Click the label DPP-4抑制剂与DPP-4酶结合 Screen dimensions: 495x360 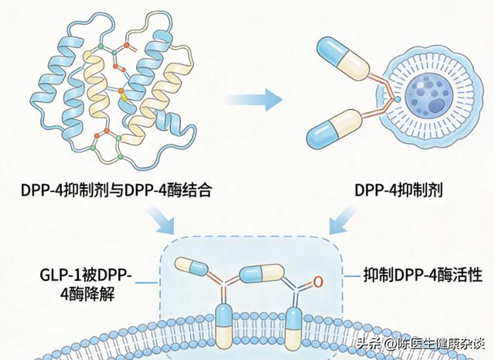[116, 190]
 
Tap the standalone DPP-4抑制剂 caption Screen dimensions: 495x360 [399, 190]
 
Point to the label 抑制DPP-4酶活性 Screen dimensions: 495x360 [423, 275]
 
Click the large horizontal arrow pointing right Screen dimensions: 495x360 [254, 100]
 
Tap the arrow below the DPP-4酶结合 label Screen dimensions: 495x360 [162, 220]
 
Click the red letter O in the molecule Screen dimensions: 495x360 [318, 282]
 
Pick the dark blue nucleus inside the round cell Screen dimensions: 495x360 [435, 105]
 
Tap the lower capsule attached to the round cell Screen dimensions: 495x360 [334, 130]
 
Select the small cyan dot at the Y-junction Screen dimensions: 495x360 [397, 99]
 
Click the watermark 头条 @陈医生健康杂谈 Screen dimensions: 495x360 [421, 344]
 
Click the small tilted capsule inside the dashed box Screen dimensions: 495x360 [191, 266]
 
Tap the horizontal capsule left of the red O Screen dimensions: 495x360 [262, 273]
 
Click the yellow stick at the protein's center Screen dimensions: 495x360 [124, 97]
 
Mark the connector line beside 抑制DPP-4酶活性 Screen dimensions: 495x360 [352, 276]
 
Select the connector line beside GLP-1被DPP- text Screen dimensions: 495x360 [148, 283]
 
